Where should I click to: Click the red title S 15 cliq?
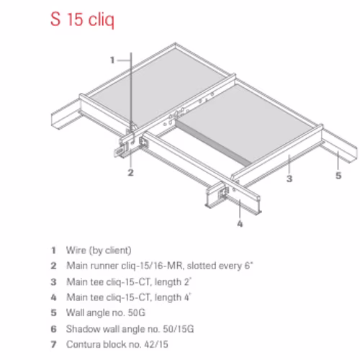pos(82,19)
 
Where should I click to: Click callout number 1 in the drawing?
pos(112,60)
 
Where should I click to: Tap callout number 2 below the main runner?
pos(130,172)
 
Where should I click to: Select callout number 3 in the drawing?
pos(289,179)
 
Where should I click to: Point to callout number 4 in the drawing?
pos(240,224)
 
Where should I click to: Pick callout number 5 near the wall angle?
pos(338,176)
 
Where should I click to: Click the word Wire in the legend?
pos(76,251)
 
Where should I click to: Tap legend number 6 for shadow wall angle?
pos(54,329)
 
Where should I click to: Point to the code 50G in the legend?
pos(137,312)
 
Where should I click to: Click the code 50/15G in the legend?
pos(179,329)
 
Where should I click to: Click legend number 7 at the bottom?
pos(54,344)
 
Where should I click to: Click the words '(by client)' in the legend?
pos(110,251)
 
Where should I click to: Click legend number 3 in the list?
pos(54,282)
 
